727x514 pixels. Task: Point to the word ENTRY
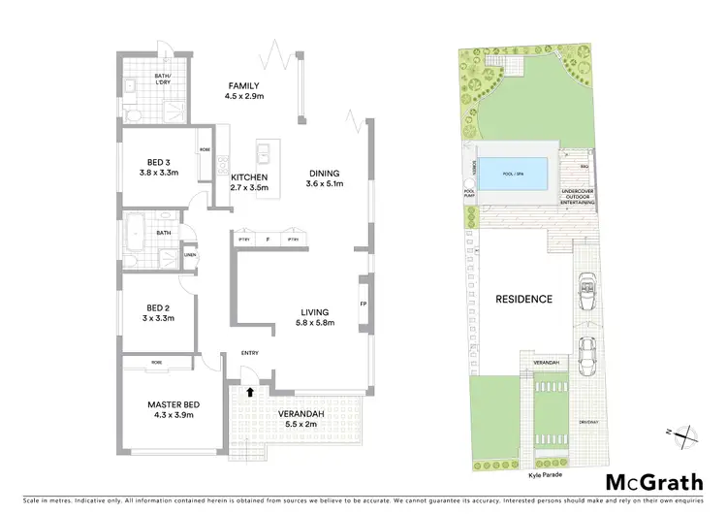click(x=249, y=353)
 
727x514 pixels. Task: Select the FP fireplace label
click(x=363, y=303)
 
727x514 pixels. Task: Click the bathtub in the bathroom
click(x=135, y=234)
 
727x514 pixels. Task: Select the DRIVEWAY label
click(x=587, y=422)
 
